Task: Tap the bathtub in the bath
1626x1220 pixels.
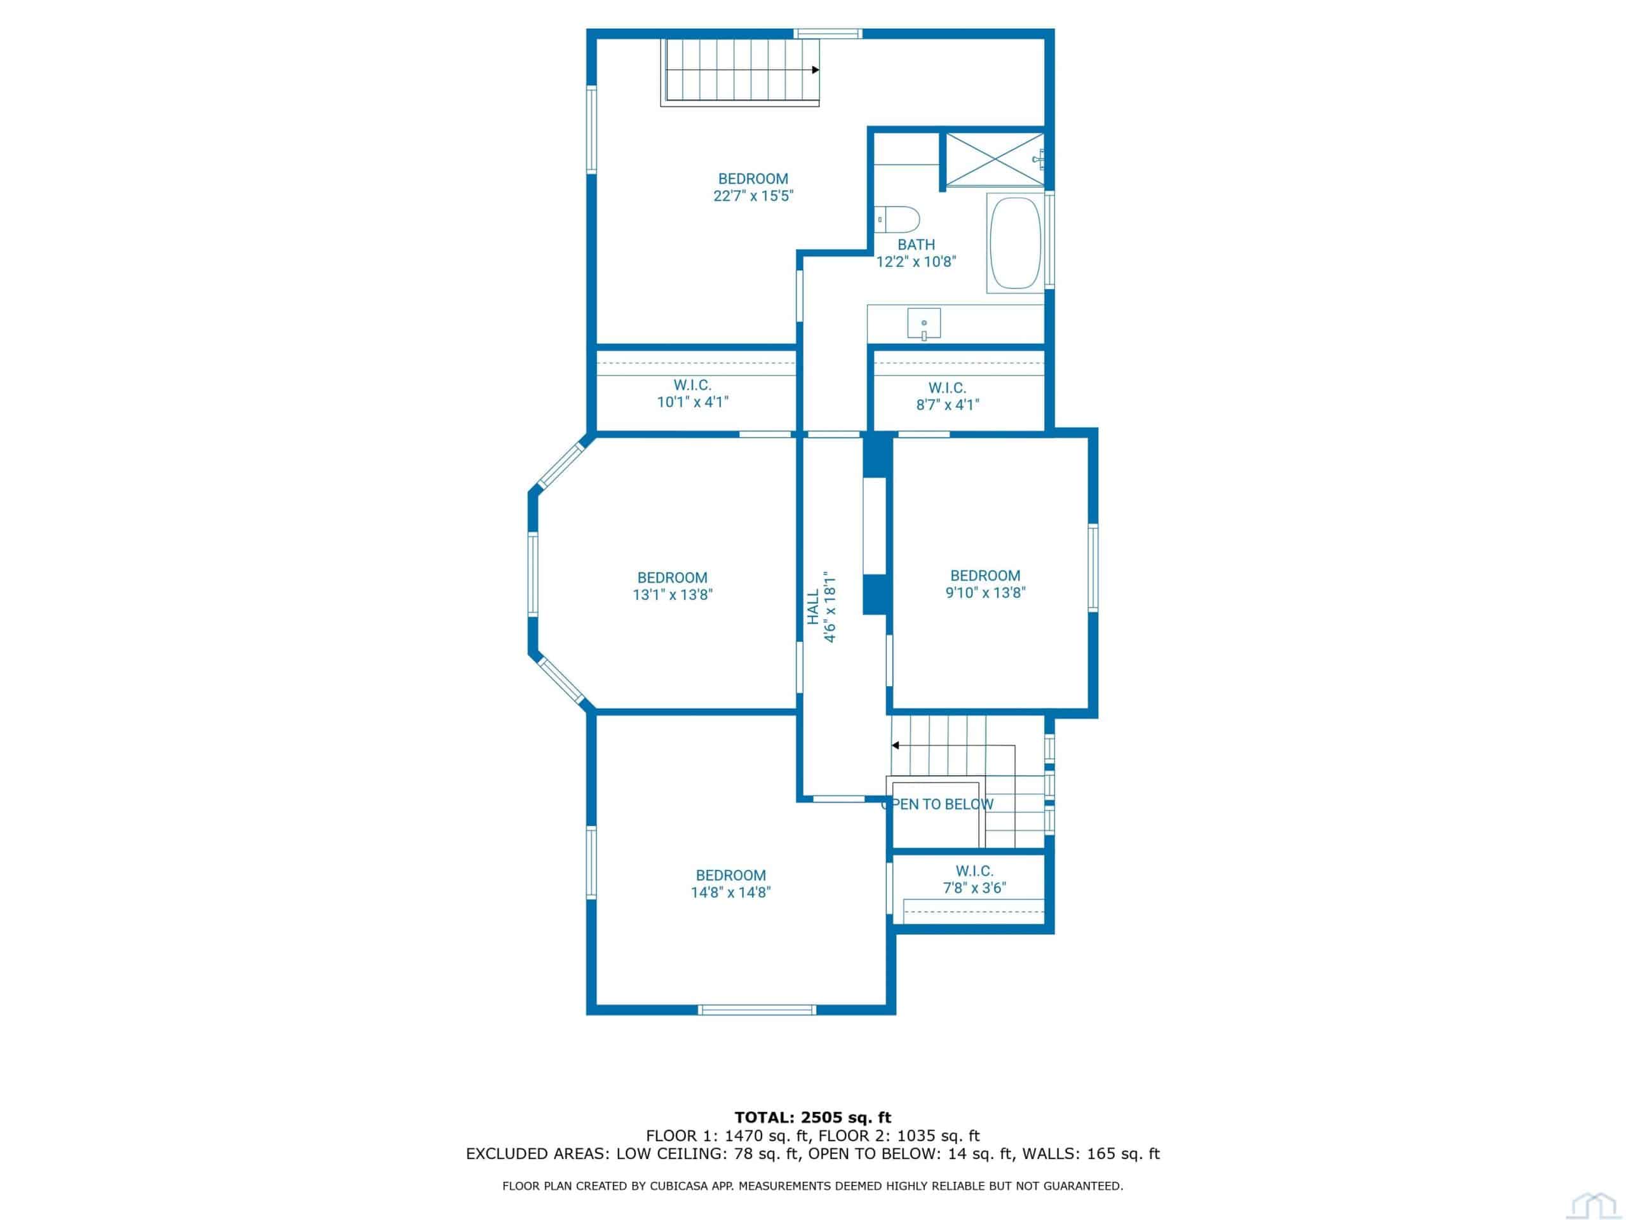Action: [1015, 243]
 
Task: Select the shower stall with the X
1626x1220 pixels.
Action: [994, 160]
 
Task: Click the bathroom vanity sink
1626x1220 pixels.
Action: [924, 324]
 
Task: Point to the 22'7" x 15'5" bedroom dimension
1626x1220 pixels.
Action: [753, 196]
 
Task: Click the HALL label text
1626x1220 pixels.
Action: [813, 607]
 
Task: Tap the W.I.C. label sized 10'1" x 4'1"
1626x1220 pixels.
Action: [693, 384]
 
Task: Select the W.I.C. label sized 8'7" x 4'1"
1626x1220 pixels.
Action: [948, 388]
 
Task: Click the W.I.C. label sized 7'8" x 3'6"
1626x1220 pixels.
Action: [975, 871]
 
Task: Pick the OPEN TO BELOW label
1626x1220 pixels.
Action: [937, 804]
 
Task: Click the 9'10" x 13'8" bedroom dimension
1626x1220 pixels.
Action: [985, 593]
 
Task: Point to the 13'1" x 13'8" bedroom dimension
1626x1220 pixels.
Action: [673, 595]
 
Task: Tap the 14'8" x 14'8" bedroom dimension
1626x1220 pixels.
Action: [730, 893]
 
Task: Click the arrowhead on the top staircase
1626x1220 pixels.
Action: [815, 70]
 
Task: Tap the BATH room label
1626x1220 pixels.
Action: [917, 245]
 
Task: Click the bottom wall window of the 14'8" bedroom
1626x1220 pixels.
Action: [757, 1010]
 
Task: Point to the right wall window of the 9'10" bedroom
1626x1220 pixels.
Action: [1093, 567]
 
